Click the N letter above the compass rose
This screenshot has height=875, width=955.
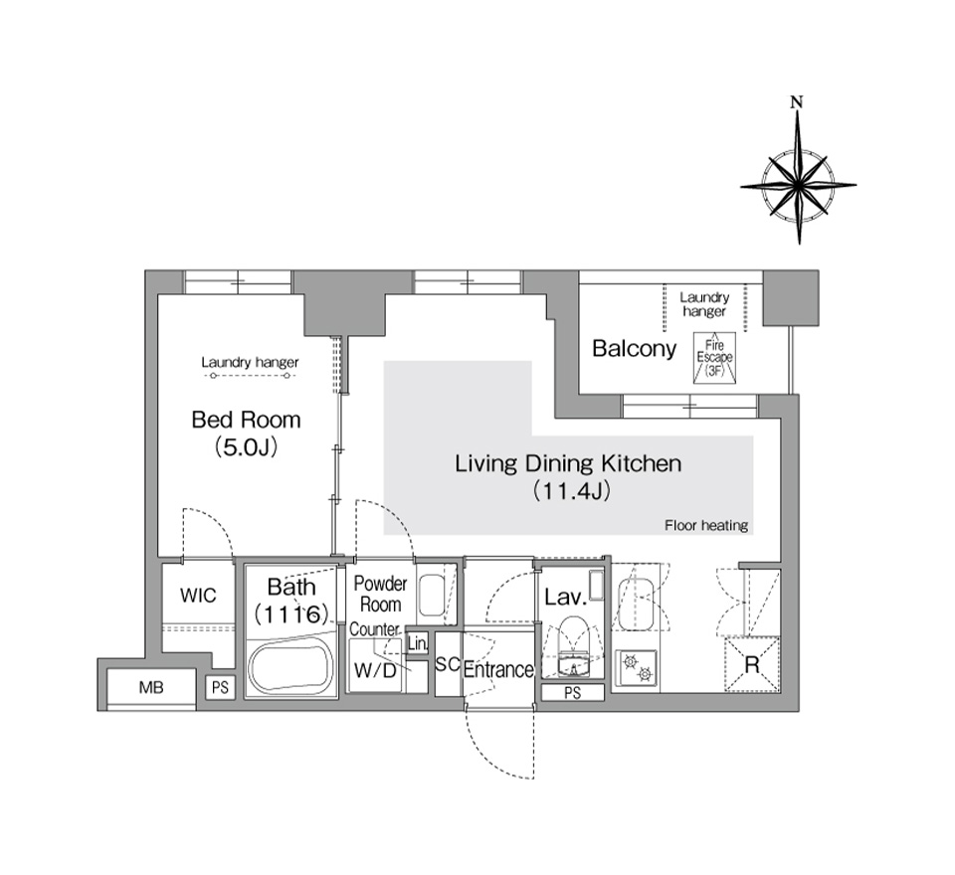click(x=796, y=101)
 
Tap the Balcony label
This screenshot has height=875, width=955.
click(x=634, y=349)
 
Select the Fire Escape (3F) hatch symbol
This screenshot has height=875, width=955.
click(x=714, y=357)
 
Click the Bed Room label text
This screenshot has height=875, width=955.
click(x=246, y=420)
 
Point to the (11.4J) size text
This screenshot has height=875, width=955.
click(x=571, y=490)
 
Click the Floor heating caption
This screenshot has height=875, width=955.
click(x=706, y=525)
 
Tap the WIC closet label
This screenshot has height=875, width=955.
click(x=198, y=595)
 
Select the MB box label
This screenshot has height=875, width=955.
click(x=151, y=687)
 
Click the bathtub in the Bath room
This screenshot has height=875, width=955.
click(x=291, y=666)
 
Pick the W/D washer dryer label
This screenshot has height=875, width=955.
click(x=375, y=670)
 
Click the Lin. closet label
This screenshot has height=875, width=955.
click(x=417, y=643)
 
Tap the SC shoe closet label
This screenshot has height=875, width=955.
click(x=448, y=664)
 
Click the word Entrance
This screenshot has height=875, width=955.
click(x=498, y=670)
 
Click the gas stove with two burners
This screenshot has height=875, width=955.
click(x=636, y=668)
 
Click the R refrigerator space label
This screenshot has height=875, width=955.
click(x=752, y=665)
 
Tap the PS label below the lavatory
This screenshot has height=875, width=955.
click(x=573, y=692)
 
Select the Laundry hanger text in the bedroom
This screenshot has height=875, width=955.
click(x=250, y=362)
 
